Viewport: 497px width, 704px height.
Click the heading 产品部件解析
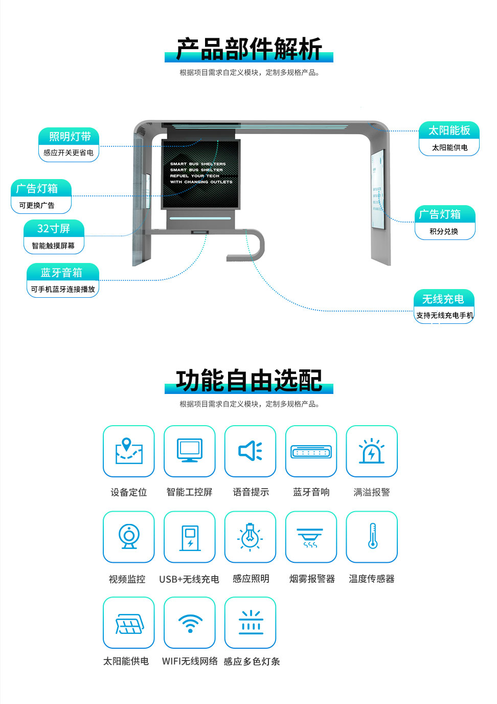(x=249, y=49)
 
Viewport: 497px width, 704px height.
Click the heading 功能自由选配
(x=249, y=380)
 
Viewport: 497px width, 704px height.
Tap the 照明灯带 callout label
(x=69, y=137)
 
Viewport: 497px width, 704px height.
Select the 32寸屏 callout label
(x=54, y=228)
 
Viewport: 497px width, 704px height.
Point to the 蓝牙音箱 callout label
(x=62, y=272)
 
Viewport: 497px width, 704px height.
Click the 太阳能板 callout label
(x=449, y=130)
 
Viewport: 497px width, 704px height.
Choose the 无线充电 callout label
(x=443, y=299)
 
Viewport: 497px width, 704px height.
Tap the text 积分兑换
(x=444, y=231)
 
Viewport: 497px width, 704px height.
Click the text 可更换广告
(x=37, y=205)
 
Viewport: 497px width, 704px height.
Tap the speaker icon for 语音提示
(x=250, y=451)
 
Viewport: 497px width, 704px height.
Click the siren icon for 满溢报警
(x=372, y=451)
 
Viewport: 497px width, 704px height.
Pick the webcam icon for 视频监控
(x=129, y=537)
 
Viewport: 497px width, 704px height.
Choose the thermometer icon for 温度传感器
(x=372, y=536)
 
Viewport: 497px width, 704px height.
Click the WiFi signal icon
(x=190, y=623)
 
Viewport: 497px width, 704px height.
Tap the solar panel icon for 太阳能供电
(x=129, y=623)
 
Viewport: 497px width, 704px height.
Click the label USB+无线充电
(x=189, y=579)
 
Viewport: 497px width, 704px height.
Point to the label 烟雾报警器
(x=312, y=579)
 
